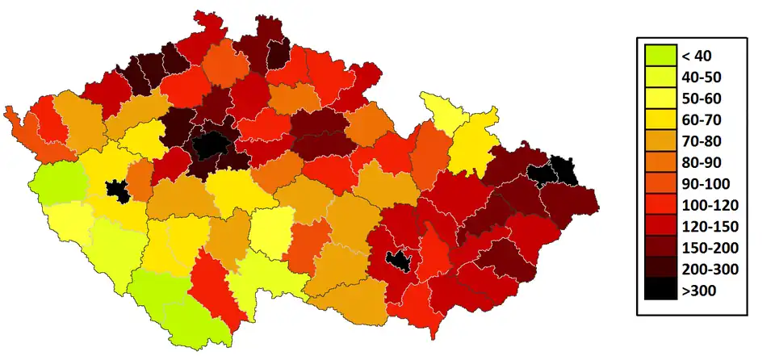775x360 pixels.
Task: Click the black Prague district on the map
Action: click(212, 145)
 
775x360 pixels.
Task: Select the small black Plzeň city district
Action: click(118, 192)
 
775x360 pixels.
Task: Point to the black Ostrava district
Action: click(553, 173)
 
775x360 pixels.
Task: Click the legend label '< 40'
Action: click(695, 57)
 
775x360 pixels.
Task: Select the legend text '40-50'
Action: click(701, 77)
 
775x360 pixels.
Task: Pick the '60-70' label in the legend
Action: click(701, 120)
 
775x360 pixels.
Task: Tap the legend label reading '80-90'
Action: click(701, 162)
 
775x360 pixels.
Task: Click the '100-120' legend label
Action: click(707, 205)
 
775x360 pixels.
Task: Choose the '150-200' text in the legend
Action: click(707, 247)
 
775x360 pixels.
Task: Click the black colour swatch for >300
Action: click(660, 290)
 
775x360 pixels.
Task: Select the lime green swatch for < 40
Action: click(660, 57)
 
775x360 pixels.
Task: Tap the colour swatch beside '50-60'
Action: click(660, 98)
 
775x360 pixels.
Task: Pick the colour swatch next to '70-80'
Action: click(660, 141)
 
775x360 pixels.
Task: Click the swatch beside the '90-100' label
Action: click(660, 183)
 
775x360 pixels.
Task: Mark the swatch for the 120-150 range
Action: click(660, 226)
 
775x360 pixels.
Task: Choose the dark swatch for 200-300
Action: click(660, 268)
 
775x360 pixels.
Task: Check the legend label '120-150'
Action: click(707, 226)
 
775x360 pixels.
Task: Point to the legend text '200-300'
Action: click(707, 268)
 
